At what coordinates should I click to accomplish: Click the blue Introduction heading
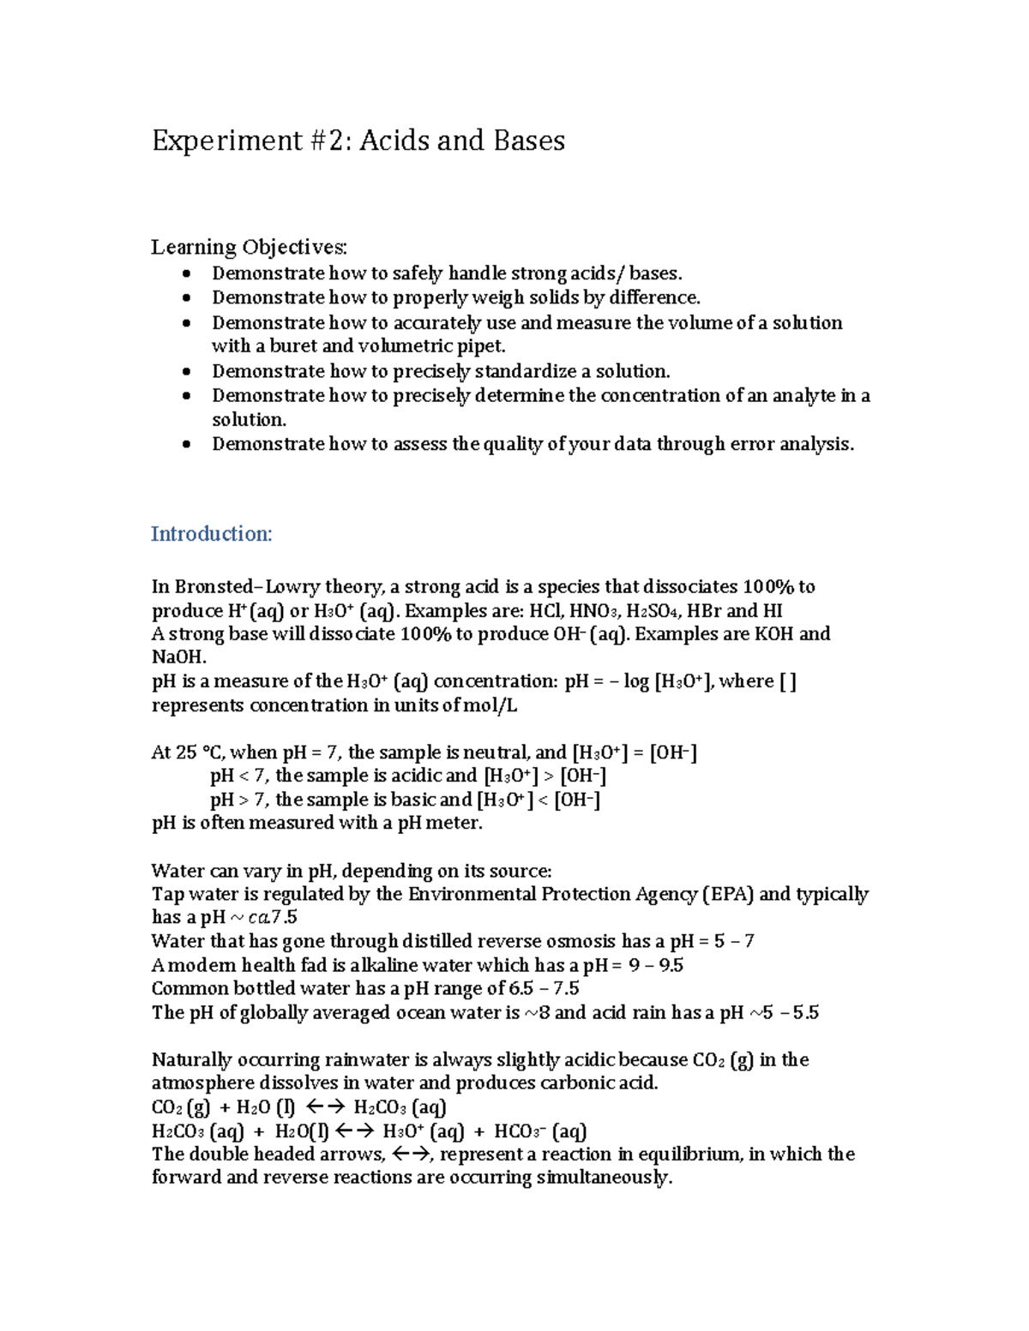[x=211, y=534]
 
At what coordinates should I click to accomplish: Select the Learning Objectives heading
[x=249, y=248]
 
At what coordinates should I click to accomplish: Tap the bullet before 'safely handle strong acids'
[x=188, y=274]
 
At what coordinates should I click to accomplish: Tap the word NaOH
[x=178, y=657]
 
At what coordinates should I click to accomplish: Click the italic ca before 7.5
[x=258, y=918]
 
